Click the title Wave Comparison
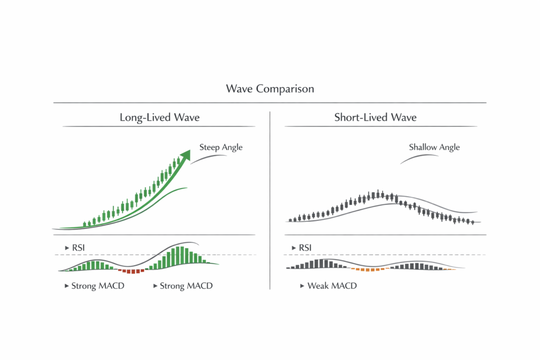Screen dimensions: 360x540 269,89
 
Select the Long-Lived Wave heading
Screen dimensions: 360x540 159,118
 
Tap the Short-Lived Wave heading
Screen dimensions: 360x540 375,118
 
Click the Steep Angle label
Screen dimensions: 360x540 221,148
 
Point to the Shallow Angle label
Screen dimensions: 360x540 434,148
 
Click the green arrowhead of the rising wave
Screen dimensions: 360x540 185,154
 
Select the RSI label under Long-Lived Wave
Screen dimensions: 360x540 76,247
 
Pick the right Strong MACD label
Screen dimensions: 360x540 186,286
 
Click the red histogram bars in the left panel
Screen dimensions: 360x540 132,271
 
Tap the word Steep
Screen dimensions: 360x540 210,148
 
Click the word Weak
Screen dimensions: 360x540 319,286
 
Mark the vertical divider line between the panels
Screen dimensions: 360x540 270,200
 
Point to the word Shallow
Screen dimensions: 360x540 423,148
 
